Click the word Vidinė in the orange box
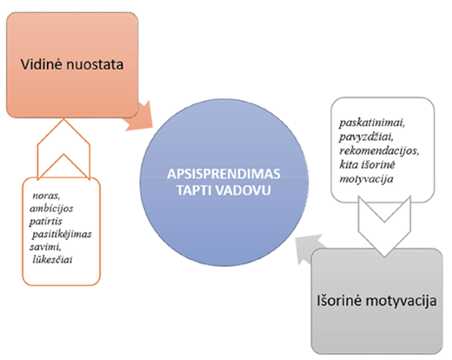coord(42,64)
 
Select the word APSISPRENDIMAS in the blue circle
coord(223,174)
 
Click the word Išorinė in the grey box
coord(339,301)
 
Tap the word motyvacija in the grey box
coord(401,302)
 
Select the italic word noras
coord(46,196)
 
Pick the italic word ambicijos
coord(51,209)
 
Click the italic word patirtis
coord(45,222)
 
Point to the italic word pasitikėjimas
coord(62,234)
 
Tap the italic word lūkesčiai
coord(52,259)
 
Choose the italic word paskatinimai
coord(372,123)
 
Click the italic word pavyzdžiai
coord(366,137)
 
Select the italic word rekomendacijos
coord(379,150)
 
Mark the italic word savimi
coord(45,247)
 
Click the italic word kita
coord(349,164)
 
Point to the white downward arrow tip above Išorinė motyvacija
coord(384,257)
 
